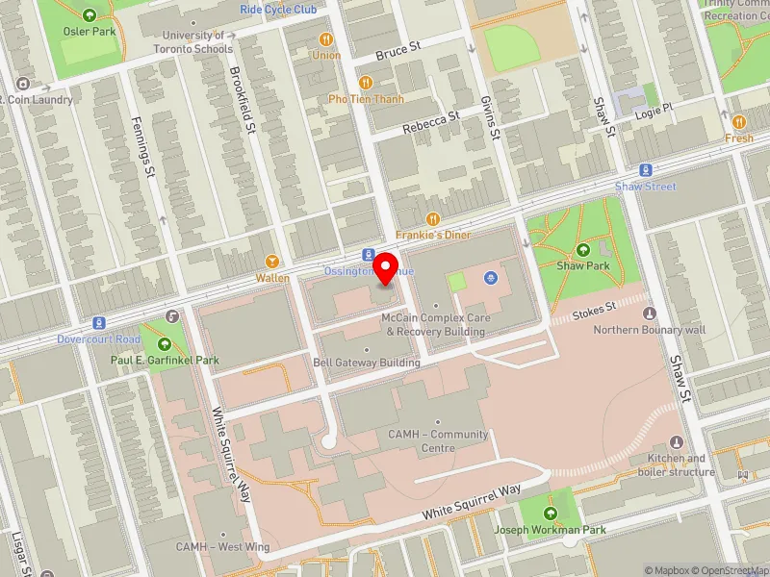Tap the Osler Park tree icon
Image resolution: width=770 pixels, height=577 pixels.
click(x=90, y=15)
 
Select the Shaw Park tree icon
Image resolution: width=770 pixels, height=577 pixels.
click(x=583, y=250)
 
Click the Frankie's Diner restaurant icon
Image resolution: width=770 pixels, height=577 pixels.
click(x=432, y=219)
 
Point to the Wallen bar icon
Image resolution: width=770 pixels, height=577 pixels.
click(x=272, y=262)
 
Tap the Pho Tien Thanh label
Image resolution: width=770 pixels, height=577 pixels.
click(x=365, y=98)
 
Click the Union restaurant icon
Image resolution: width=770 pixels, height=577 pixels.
click(x=326, y=39)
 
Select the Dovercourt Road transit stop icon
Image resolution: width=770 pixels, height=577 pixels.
click(x=97, y=323)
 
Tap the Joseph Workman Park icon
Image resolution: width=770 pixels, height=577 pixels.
click(x=551, y=513)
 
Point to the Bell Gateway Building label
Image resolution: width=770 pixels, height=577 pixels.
click(x=367, y=363)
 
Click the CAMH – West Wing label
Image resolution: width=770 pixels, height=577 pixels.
click(x=223, y=545)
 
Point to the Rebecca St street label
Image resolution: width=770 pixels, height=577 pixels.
click(x=431, y=122)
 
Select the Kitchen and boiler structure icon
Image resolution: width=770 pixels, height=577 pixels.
click(x=677, y=442)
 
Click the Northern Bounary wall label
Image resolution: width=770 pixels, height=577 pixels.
click(x=650, y=329)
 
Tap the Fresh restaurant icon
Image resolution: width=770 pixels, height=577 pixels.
click(x=738, y=122)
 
